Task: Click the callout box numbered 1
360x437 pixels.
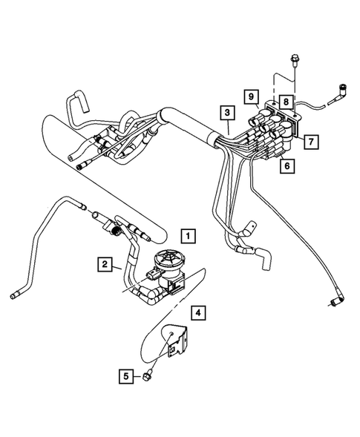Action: (x=189, y=237)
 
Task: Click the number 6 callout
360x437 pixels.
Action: (x=285, y=168)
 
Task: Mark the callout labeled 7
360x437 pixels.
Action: (x=311, y=139)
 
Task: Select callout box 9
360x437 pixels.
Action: (x=252, y=97)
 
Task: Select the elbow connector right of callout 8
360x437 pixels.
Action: (x=343, y=91)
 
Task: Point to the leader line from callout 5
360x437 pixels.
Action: (x=140, y=376)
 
